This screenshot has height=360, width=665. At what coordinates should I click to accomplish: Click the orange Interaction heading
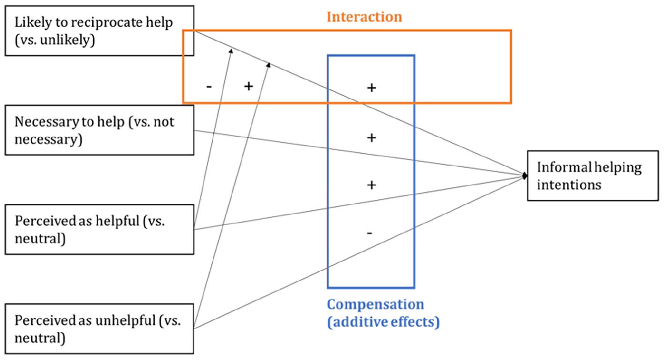tap(364, 17)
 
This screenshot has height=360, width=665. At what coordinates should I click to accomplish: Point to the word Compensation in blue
tap(375, 305)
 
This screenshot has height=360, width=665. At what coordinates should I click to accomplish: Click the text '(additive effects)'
tap(383, 322)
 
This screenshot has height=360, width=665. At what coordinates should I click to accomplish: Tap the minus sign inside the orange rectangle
tap(209, 87)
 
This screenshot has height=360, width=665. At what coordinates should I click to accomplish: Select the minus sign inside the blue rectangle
tap(369, 233)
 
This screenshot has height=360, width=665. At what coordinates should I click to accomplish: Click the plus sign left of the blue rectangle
tap(248, 86)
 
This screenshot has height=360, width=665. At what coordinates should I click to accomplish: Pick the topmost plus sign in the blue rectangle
tap(371, 88)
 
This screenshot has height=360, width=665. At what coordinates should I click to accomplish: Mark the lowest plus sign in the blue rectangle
tap(371, 185)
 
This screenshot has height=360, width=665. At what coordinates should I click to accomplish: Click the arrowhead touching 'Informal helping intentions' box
tap(525, 176)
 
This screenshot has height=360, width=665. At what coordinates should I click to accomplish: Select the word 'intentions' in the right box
tap(569, 185)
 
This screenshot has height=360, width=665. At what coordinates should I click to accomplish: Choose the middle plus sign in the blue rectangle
tap(371, 137)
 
